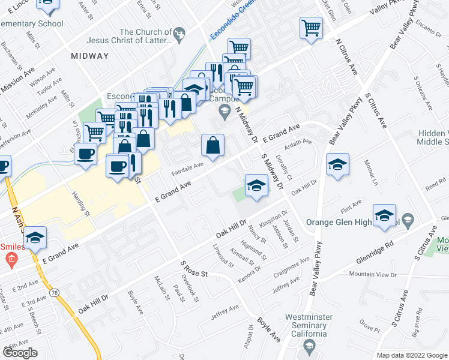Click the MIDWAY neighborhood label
point(89,56)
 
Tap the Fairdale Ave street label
point(188,167)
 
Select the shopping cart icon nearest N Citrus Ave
point(311,27)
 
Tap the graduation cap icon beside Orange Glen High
point(384,215)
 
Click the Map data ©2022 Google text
point(412,355)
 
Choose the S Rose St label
point(193,269)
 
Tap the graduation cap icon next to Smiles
point(35,238)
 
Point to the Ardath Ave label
point(298,146)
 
